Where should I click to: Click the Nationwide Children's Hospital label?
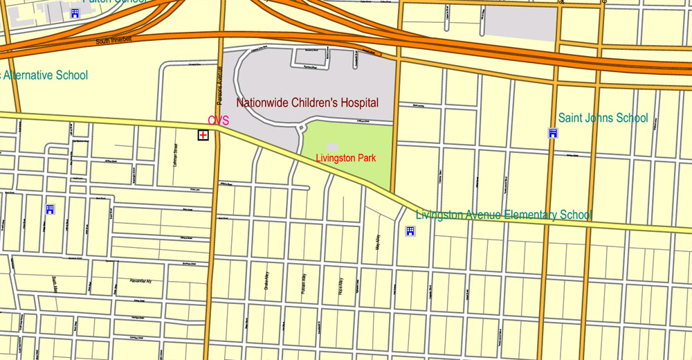point(307,102)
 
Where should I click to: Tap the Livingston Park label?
point(346,158)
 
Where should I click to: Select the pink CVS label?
point(218,120)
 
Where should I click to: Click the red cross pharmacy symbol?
point(203,135)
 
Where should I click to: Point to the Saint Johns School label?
point(603,118)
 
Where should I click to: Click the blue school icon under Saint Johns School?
point(553,133)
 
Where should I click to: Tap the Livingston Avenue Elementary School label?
point(504,215)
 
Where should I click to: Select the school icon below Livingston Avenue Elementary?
point(410,231)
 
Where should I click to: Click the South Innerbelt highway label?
point(113,42)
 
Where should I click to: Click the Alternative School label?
point(46,75)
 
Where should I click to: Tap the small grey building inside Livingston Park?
point(332,147)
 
